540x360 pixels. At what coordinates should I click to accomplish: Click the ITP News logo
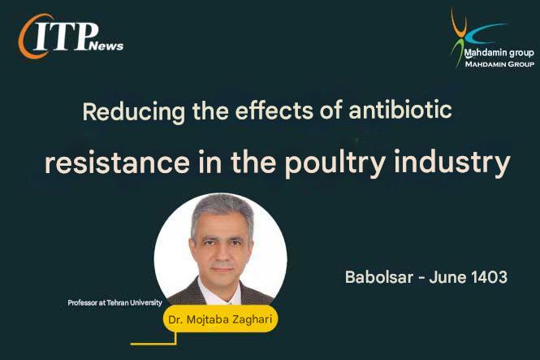click(71, 37)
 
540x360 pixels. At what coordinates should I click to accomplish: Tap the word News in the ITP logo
click(106, 46)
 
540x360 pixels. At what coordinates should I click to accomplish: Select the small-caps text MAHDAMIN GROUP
click(499, 64)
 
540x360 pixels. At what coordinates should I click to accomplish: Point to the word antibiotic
click(400, 110)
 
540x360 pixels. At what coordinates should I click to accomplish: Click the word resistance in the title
click(117, 163)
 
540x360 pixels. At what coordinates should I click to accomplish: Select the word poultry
click(335, 163)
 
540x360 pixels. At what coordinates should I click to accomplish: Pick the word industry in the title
click(451, 163)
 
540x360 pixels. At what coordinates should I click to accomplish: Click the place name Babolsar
click(379, 277)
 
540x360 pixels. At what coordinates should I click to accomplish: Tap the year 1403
click(489, 277)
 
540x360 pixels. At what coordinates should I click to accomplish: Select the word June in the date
click(447, 277)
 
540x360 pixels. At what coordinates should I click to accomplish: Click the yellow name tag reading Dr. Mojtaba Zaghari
click(220, 319)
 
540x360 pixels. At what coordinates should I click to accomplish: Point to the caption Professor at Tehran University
click(114, 303)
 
